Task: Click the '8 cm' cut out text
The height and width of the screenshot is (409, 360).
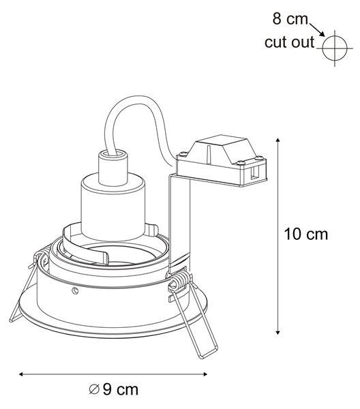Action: click(290, 19)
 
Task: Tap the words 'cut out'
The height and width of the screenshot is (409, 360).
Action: click(289, 42)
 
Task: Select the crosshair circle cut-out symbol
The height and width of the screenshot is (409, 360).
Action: click(335, 48)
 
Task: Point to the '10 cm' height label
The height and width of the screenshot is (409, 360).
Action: click(305, 234)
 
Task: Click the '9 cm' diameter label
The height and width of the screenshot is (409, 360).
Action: click(121, 390)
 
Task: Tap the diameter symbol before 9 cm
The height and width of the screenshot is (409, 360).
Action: click(94, 390)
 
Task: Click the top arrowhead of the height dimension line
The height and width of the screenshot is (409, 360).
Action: click(277, 140)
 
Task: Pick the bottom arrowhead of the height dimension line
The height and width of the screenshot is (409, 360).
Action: click(277, 332)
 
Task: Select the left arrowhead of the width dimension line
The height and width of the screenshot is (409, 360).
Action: click(21, 374)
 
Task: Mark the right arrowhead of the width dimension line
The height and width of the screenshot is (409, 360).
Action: click(205, 374)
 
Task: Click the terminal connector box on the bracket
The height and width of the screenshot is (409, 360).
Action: click(221, 161)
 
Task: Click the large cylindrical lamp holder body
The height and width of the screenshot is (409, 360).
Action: click(112, 207)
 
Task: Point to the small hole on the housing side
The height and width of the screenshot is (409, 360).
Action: click(76, 290)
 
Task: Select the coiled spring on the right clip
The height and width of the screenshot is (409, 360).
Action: click(181, 281)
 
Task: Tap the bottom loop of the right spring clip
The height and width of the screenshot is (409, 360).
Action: click(208, 352)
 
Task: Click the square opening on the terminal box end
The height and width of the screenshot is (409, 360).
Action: click(253, 173)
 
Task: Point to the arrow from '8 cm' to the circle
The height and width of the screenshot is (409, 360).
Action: click(317, 30)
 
